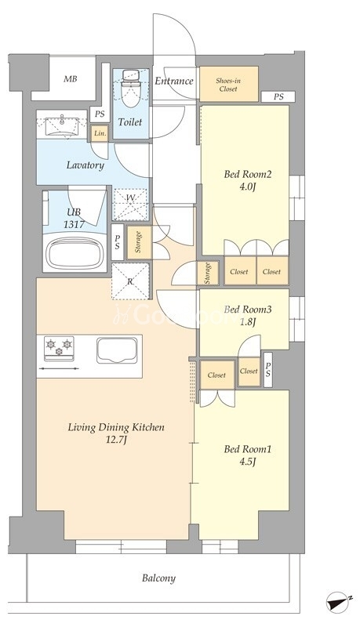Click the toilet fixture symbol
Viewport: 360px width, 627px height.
pyautogui.click(x=129, y=89)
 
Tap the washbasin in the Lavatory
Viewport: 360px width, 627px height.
pyautogui.click(x=62, y=125)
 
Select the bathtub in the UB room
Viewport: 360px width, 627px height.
pyautogui.click(x=75, y=253)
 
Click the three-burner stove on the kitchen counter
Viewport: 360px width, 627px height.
pyautogui.click(x=59, y=347)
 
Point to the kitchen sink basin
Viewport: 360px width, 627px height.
pyautogui.click(x=117, y=350)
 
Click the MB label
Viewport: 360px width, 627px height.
pyautogui.click(x=71, y=79)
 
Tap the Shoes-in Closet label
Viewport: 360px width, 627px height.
pyautogui.click(x=228, y=85)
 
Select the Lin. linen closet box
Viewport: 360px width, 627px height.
pyautogui.click(x=100, y=133)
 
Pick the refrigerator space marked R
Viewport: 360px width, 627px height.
pyautogui.click(x=130, y=281)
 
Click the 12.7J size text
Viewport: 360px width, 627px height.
pyautogui.click(x=115, y=440)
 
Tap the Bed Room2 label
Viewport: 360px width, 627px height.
pyautogui.click(x=248, y=174)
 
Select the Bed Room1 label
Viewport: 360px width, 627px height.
pyautogui.click(x=248, y=449)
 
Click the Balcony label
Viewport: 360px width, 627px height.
pyautogui.click(x=158, y=578)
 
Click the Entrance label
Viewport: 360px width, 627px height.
pyautogui.click(x=174, y=82)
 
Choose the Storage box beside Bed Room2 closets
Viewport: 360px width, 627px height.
pyautogui.click(x=208, y=273)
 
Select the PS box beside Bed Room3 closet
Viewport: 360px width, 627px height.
pyautogui.click(x=268, y=370)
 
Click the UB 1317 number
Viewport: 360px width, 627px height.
pyautogui.click(x=74, y=224)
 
